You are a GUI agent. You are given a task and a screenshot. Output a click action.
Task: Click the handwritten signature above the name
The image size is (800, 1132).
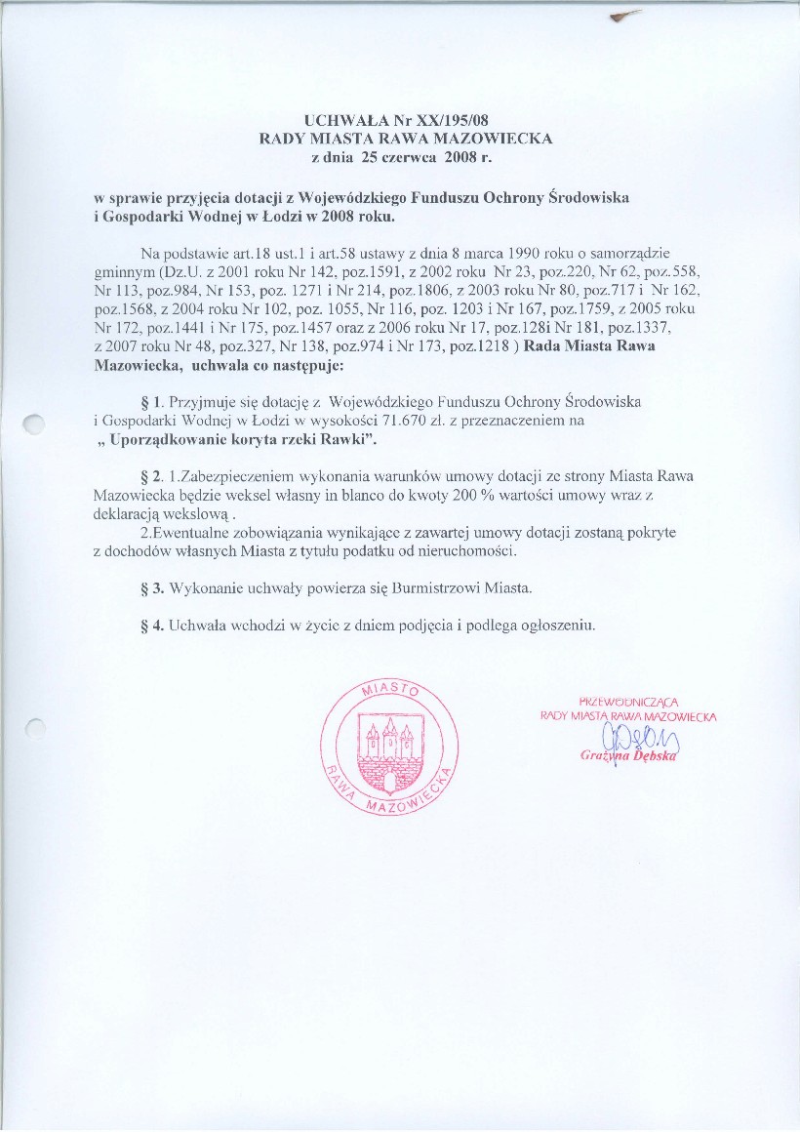pyautogui.click(x=633, y=740)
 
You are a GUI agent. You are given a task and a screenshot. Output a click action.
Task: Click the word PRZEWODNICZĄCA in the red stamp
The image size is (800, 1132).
pyautogui.click(x=628, y=701)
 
